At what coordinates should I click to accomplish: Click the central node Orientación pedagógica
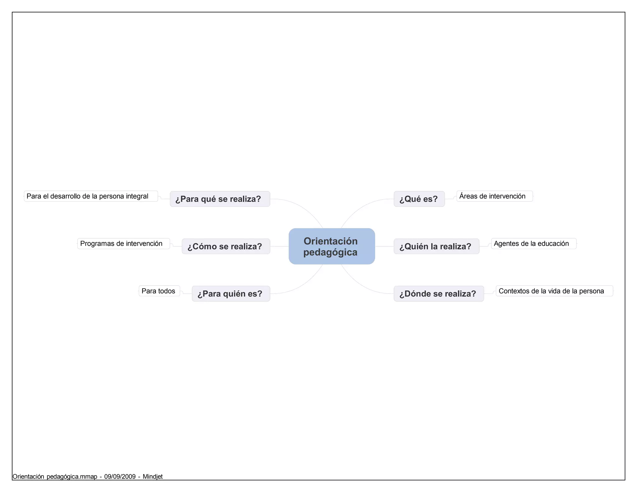coord(332,246)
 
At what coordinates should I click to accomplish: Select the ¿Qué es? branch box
coord(419,199)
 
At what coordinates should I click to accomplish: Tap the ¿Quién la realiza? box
coord(436,246)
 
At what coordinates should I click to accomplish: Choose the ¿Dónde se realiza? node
coord(439,294)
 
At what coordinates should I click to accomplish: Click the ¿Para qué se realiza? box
coord(220,199)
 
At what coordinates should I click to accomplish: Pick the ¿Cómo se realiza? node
coord(226,246)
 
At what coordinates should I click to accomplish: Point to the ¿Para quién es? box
coord(231,294)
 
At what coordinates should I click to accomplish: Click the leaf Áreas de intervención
coord(495,196)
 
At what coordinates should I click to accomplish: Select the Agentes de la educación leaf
coord(534,244)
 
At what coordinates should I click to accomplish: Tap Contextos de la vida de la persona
coord(554,291)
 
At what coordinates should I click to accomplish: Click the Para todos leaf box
coord(159,291)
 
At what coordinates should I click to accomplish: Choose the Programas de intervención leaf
coord(123,244)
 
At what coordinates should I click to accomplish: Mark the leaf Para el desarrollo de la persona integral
coord(91,196)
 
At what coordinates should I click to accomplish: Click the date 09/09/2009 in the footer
coord(120,476)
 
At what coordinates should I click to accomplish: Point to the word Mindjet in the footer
coord(153,476)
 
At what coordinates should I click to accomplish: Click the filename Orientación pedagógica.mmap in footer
coord(55,476)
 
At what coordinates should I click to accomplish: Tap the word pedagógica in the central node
coord(330,252)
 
